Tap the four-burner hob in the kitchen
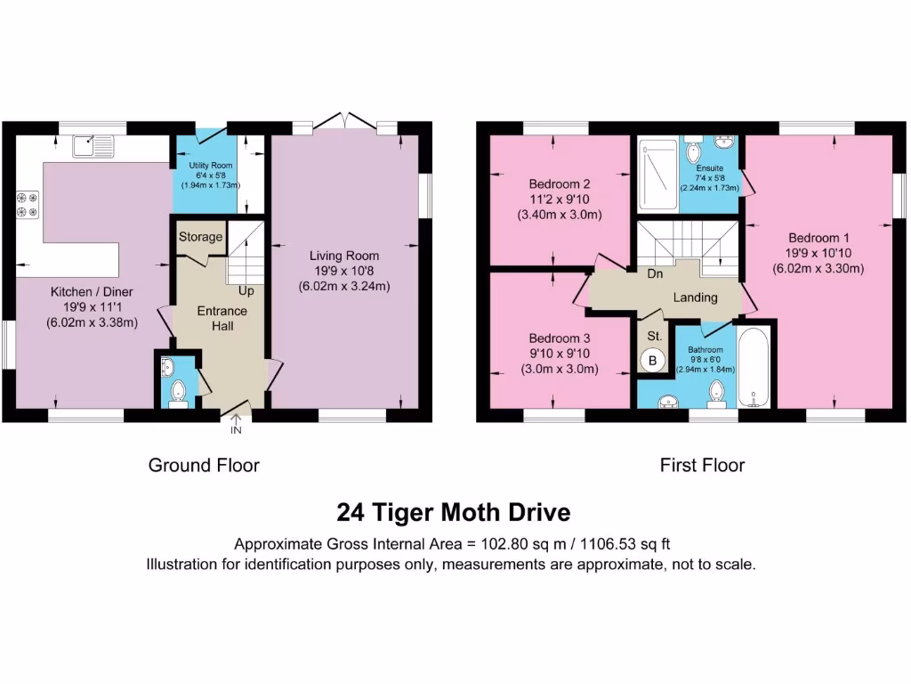pyautogui.click(x=26, y=205)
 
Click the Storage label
pyautogui.click(x=200, y=238)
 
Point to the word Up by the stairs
pyautogui.click(x=246, y=291)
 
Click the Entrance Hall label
pyautogui.click(x=222, y=319)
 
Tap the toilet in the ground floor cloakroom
pyautogui.click(x=176, y=390)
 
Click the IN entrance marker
pyautogui.click(x=236, y=431)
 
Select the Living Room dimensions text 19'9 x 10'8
pyautogui.click(x=344, y=271)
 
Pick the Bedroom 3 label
pyautogui.click(x=560, y=338)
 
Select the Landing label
pyautogui.click(x=695, y=297)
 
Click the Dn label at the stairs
pyautogui.click(x=655, y=274)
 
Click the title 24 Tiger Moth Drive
pyautogui.click(x=453, y=513)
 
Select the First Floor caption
pyautogui.click(x=702, y=465)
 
